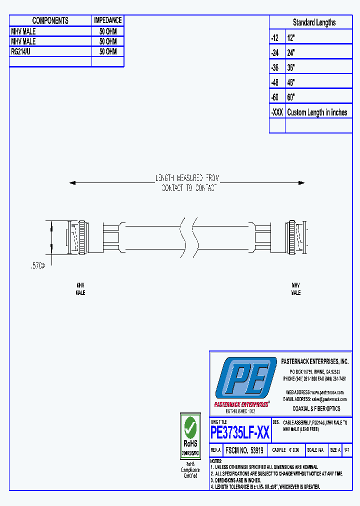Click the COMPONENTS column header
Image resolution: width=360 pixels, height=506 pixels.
50,20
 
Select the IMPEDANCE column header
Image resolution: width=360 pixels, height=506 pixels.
107,20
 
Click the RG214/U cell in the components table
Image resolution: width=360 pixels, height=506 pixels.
23,51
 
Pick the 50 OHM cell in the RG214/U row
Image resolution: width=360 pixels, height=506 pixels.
107,51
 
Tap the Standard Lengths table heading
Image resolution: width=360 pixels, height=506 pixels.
314,22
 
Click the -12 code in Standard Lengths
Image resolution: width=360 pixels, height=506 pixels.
274,38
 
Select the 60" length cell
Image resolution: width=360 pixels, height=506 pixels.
291,97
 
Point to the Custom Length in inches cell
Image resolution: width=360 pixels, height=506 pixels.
317,112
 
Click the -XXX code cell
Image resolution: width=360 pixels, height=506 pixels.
277,112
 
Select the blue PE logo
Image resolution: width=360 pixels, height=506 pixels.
245,378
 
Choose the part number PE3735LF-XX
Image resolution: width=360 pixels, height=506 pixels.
240,432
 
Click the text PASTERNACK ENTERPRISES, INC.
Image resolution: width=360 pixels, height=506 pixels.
314,361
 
